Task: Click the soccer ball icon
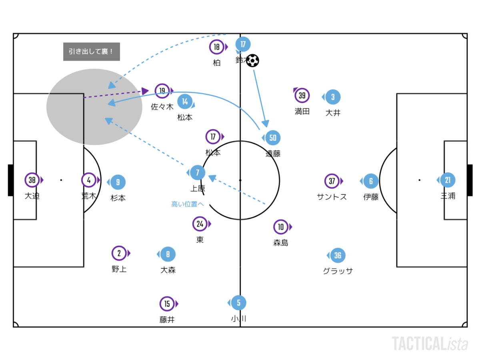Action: (253, 60)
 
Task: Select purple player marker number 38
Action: (32, 180)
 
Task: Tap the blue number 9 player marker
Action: (118, 182)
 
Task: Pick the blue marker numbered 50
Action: (273, 138)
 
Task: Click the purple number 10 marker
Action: (281, 227)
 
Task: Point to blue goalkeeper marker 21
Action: (448, 180)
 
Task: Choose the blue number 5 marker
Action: (239, 303)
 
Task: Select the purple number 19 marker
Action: (162, 91)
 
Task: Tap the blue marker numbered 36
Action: (338, 255)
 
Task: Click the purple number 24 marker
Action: (200, 224)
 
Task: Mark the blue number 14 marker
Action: (185, 101)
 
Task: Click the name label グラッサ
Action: (338, 271)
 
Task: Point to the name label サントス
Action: (332, 197)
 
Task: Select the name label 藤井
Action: (167, 320)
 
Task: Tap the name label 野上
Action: (119, 269)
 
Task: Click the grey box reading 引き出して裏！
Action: (92, 52)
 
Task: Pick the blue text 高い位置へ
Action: (188, 204)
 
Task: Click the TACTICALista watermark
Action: (430, 344)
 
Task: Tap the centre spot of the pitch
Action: (240, 180)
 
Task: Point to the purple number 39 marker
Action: (302, 96)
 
